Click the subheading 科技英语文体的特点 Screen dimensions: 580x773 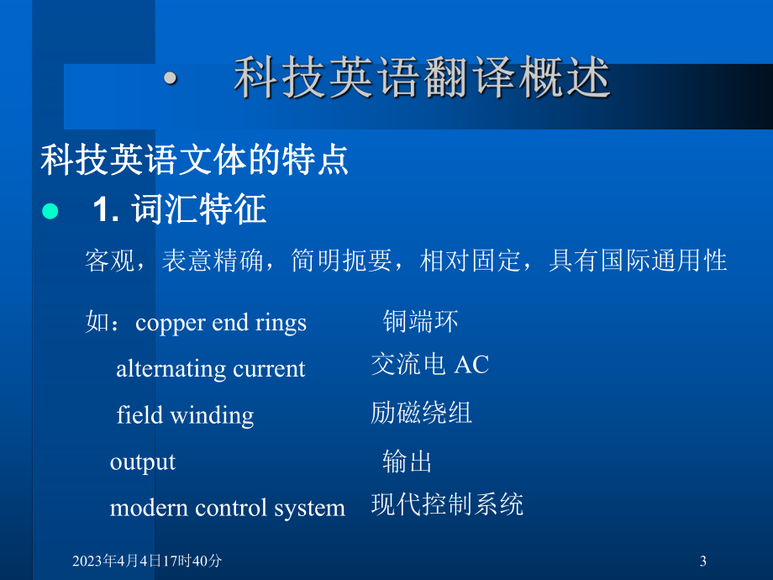tap(194, 159)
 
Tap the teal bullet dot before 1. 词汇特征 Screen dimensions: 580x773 tap(50, 211)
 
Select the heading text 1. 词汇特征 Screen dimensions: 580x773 tap(179, 210)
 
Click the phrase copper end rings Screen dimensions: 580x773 tap(221, 323)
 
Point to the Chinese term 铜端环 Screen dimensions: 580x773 tap(420, 320)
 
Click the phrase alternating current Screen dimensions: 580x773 tap(210, 369)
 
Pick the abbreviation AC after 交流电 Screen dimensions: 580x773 tap(471, 365)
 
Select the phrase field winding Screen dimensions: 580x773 tap(185, 415)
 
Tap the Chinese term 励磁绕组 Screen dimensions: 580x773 tap(421, 412)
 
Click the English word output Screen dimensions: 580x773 tap(143, 461)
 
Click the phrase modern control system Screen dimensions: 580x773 tap(228, 508)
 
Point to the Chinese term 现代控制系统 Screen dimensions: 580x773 tap(447, 504)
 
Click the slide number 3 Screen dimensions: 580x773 tap(702, 561)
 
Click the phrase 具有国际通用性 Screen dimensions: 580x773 tap(638, 261)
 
